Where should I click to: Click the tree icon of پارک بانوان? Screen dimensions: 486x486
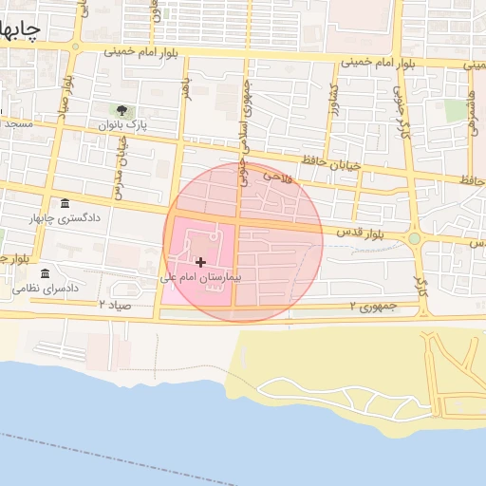tap(121, 111)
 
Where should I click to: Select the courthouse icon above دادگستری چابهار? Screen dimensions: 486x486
tap(64, 204)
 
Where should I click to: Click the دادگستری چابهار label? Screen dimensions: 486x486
tap(65, 218)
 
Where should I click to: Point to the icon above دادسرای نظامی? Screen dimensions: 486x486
tap(45, 273)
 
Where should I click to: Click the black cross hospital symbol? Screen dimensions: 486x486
tap(199, 262)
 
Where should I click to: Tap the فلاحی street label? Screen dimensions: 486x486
tap(274, 177)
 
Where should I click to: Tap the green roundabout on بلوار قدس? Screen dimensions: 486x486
tap(415, 238)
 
